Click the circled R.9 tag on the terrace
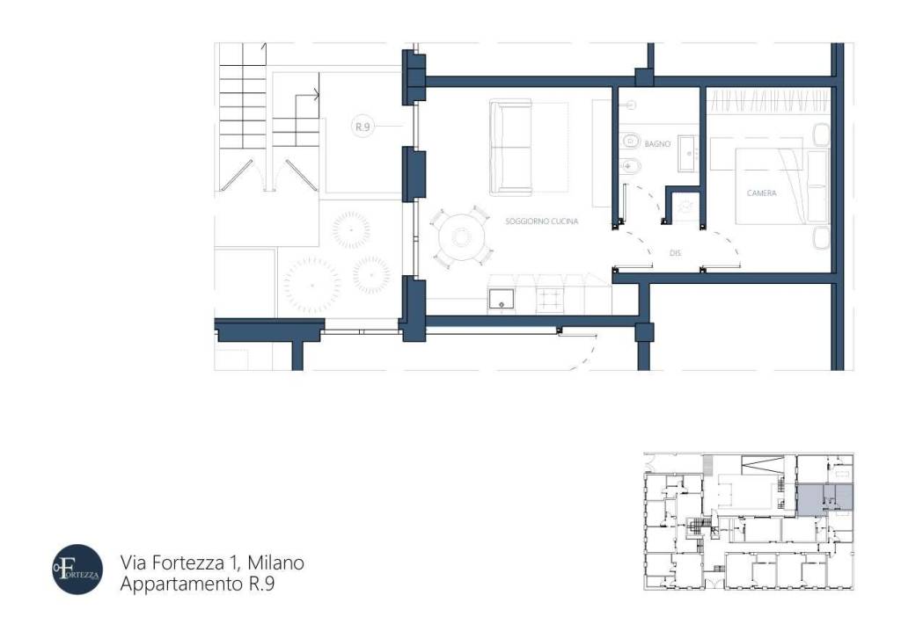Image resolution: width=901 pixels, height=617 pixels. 363,127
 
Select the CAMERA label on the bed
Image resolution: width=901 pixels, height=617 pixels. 761,192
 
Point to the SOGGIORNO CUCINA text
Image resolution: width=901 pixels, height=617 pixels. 541,222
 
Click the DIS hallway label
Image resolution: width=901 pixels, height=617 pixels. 675,252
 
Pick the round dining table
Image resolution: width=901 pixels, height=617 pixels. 458,236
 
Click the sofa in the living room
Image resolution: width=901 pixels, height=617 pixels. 511,147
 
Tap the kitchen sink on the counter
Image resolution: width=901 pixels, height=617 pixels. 502,299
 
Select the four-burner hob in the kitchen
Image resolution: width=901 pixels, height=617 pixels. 550,299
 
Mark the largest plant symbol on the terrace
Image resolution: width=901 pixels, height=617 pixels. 311,285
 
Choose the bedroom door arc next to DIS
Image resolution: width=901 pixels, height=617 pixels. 723,249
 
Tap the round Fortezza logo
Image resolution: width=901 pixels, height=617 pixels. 77,570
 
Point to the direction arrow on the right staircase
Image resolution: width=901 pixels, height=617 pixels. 312,94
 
